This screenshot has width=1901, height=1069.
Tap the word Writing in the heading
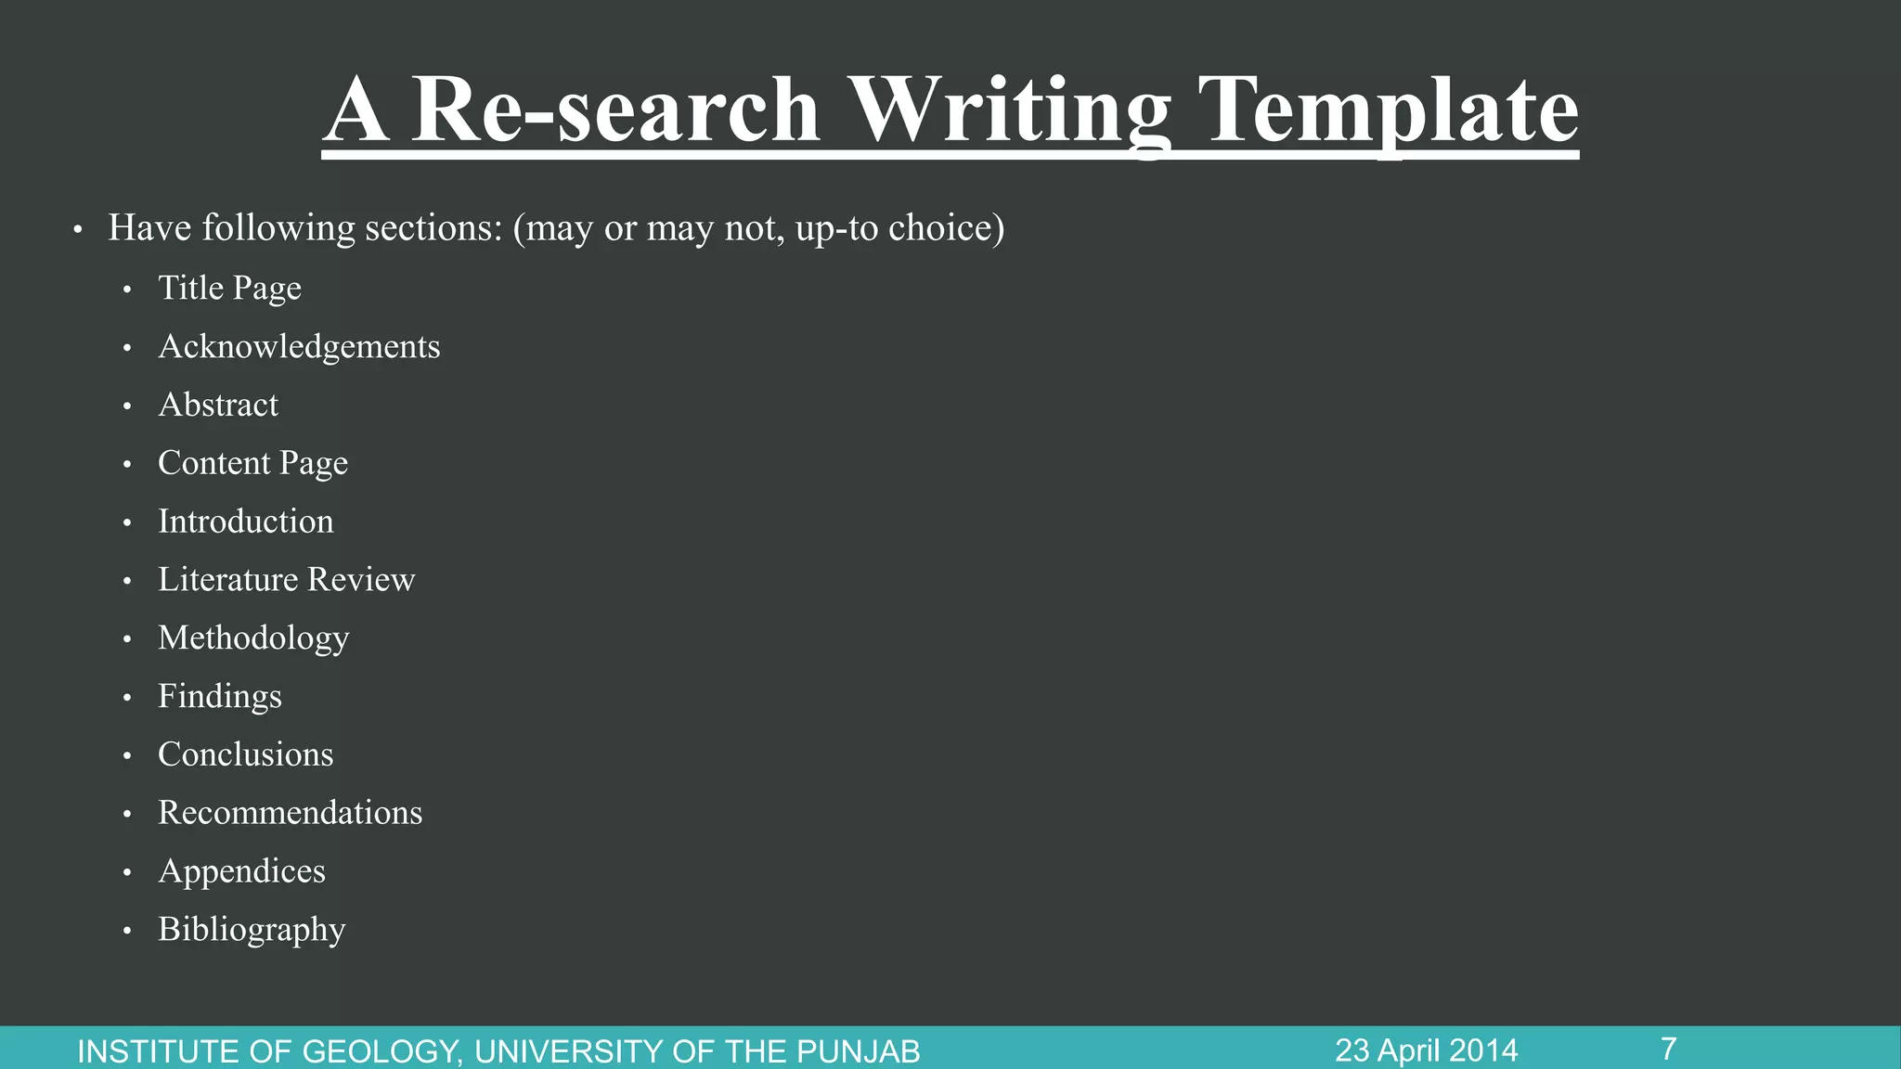point(1010,111)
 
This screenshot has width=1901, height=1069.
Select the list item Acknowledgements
point(299,347)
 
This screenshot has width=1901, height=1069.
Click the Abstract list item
point(218,406)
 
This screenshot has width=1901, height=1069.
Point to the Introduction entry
point(245,522)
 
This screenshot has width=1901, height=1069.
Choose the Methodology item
point(253,638)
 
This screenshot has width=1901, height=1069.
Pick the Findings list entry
point(219,697)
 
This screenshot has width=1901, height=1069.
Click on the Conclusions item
point(245,754)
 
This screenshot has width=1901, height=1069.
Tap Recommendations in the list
point(290,813)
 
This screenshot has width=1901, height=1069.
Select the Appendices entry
point(241,871)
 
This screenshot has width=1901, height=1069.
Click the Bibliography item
point(252,930)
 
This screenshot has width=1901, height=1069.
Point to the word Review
point(361,580)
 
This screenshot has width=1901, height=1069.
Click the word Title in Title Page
point(190,289)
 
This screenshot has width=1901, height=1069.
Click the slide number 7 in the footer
point(1668,1049)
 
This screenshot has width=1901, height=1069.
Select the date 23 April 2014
point(1426,1050)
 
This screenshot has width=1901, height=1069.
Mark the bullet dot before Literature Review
point(127,582)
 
